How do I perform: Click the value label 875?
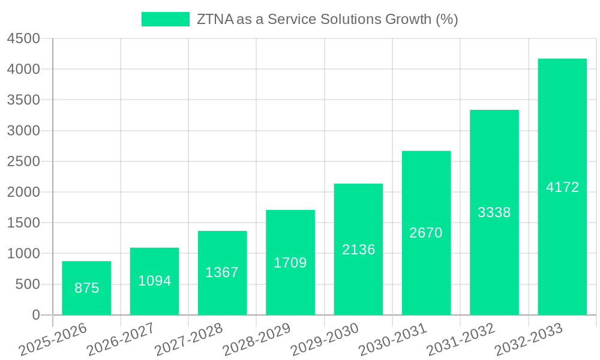tap(86, 288)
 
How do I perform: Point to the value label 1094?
tap(155, 281)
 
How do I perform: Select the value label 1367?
tap(222, 272)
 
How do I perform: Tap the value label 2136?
tap(358, 250)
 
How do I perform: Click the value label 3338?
tap(494, 212)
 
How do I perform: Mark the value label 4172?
tap(562, 187)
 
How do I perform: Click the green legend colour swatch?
tap(165, 19)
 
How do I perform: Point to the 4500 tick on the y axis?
tap(23, 38)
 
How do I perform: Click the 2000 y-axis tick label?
tap(23, 192)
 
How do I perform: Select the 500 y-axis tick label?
tap(28, 284)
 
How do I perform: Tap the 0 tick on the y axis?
tap(36, 315)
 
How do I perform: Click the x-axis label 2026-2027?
tap(120, 340)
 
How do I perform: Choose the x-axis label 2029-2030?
tap(324, 340)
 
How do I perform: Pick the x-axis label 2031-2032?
tap(460, 340)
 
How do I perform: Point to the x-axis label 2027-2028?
tap(188, 340)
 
